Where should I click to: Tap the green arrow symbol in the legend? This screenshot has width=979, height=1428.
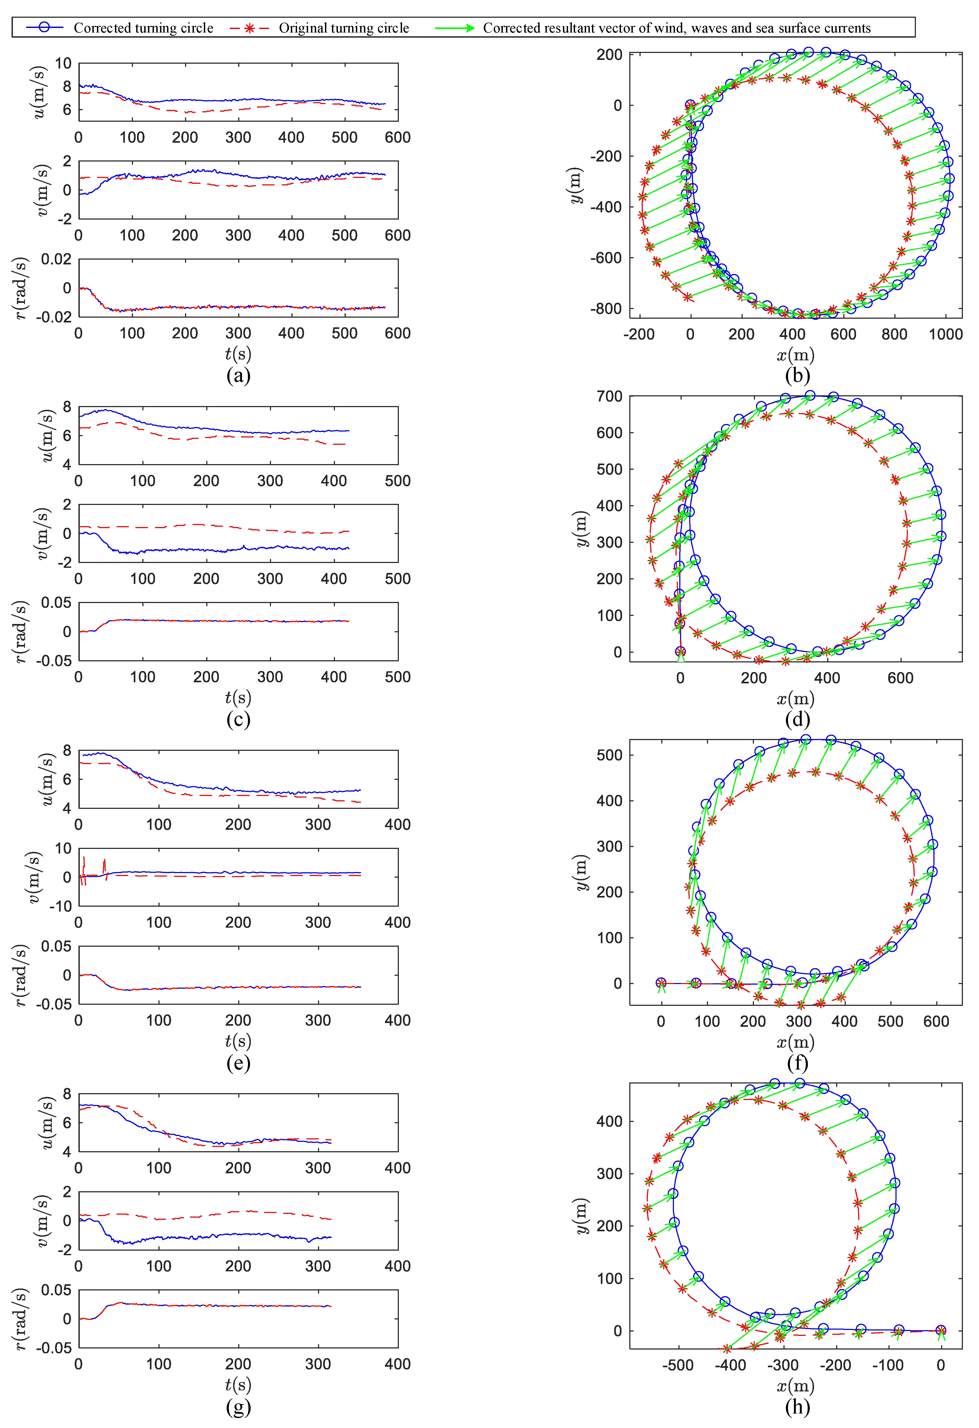(x=454, y=28)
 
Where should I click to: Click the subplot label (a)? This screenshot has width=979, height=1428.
(x=238, y=375)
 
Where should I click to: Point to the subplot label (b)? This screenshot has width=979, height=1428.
(x=797, y=375)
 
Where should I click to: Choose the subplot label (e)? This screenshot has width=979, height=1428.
(x=238, y=1063)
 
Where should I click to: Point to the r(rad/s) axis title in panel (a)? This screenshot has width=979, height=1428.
(x=20, y=288)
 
